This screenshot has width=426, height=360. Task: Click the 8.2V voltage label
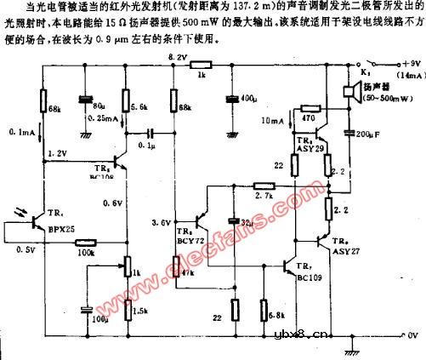[177, 57]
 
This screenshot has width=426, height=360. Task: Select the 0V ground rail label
[413, 334]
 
